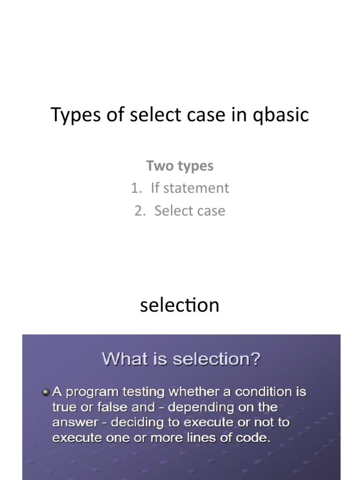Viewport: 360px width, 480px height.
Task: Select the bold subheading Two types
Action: tap(180, 165)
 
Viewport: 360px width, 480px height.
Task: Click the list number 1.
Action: tap(136, 188)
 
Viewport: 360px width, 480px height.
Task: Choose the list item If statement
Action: tap(190, 188)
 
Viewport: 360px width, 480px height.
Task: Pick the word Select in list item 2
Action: tap(171, 210)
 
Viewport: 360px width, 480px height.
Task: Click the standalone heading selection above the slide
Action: tap(180, 305)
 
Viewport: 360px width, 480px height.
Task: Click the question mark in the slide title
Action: tap(255, 360)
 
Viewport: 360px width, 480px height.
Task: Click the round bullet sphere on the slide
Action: tap(46, 391)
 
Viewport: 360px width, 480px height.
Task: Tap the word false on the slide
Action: tap(112, 407)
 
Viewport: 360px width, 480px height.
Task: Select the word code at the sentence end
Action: tap(250, 438)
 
